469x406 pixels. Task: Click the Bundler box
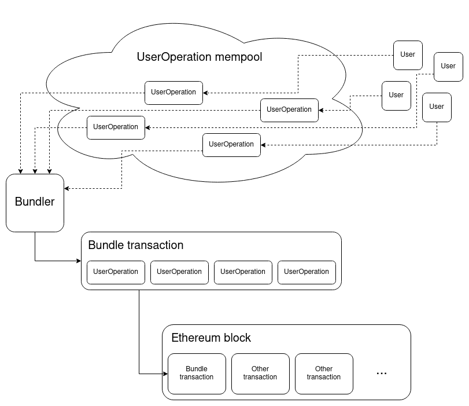35,203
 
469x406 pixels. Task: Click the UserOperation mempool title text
199,57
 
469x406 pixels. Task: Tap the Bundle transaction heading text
135,245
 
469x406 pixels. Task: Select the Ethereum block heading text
211,338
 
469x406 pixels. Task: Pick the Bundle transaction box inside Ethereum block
197,374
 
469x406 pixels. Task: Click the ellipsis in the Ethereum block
381,374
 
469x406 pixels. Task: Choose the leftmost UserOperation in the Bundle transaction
116,272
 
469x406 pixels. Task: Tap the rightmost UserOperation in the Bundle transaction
306,272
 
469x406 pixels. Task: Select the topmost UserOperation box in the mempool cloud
173,93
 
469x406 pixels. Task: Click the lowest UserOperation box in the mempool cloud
231,145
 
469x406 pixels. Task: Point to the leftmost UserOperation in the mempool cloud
116,127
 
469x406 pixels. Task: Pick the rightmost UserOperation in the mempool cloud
289,110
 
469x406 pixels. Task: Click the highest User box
408,55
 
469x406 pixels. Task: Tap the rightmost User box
448,67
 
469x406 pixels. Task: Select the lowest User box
437,107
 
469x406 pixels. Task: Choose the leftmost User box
396,96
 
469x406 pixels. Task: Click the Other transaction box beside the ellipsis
324,374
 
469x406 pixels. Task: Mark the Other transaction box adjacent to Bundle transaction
260,374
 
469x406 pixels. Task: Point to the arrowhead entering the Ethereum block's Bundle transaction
165,374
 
